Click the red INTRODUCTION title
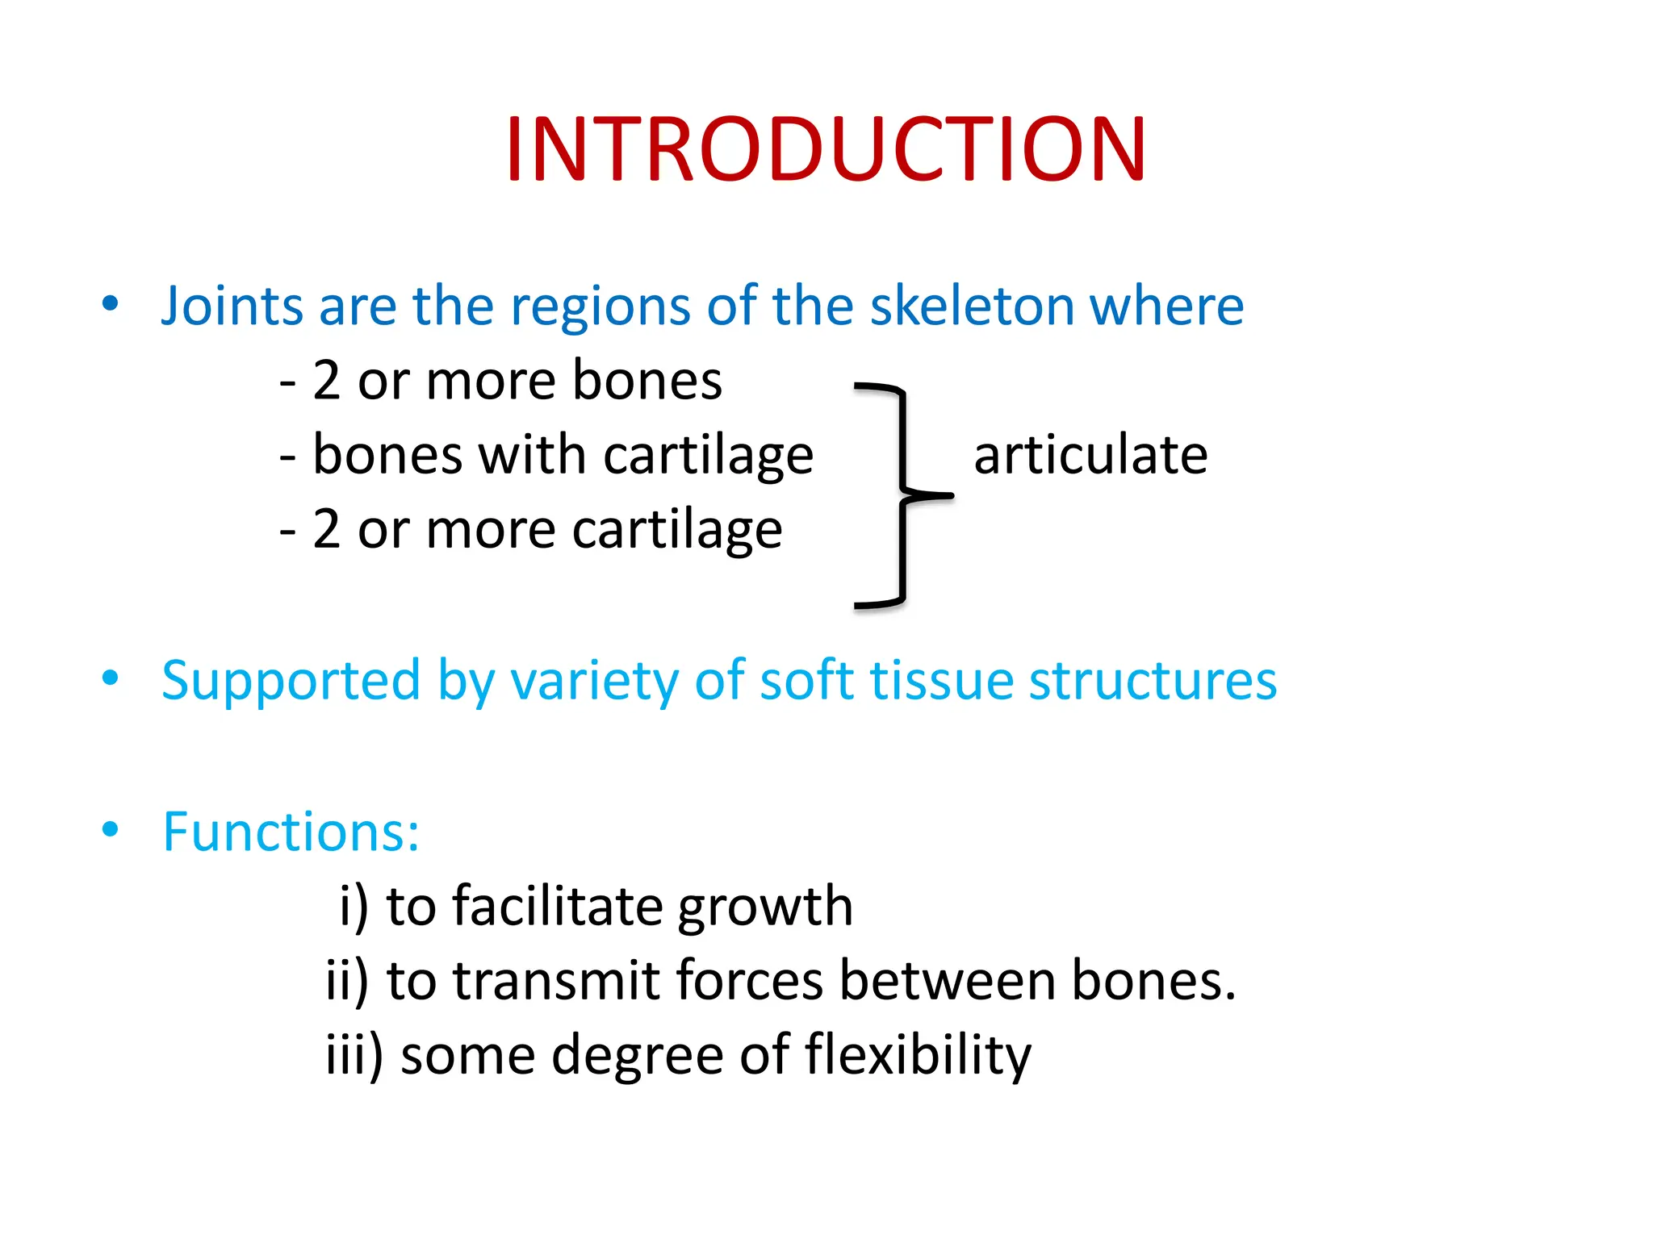[825, 150]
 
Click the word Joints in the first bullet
[231, 307]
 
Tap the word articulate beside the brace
[1090, 455]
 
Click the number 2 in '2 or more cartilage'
[327, 529]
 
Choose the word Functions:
[291, 832]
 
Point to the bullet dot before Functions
[111, 828]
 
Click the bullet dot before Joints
[111, 303]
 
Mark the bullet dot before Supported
[111, 678]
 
